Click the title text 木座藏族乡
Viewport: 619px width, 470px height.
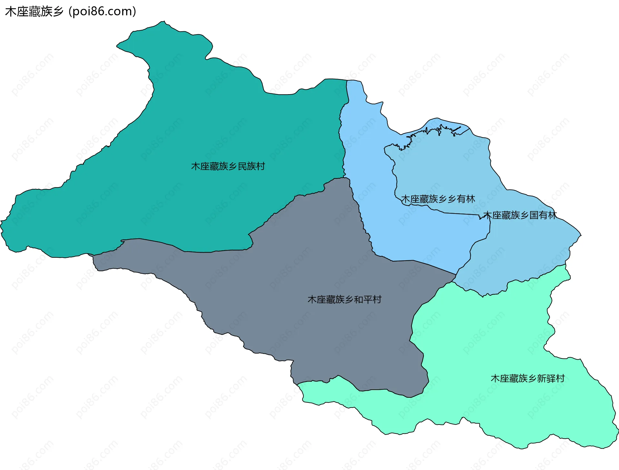pos(34,12)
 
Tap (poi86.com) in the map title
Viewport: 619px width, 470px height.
pos(103,12)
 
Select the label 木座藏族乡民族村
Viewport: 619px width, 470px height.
pos(228,166)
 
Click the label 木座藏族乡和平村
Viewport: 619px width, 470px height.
pos(344,299)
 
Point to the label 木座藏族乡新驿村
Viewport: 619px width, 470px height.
pos(527,378)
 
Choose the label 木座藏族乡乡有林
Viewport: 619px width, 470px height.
pos(438,199)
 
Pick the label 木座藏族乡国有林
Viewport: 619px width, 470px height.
pos(520,215)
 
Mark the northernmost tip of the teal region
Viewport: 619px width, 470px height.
pos(164,22)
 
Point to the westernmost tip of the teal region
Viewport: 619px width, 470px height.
pos(1,221)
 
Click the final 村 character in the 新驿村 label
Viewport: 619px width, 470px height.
pos(560,378)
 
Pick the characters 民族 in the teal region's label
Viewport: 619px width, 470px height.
pos(247,166)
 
